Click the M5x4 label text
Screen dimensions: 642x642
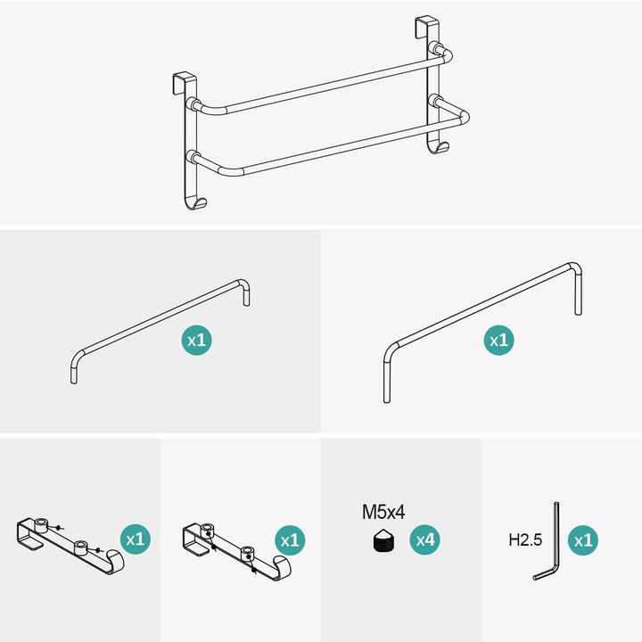click(383, 512)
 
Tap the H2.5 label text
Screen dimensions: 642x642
click(525, 539)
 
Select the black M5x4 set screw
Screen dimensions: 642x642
click(383, 540)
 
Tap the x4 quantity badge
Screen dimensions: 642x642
click(425, 540)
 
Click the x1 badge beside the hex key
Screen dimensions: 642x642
click(583, 540)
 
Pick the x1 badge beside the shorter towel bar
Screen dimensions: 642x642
click(196, 341)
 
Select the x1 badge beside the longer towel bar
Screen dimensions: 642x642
click(498, 341)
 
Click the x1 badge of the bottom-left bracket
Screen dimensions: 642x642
click(136, 539)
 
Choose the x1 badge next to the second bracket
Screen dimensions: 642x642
click(290, 540)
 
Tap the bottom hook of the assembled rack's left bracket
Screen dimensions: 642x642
click(195, 203)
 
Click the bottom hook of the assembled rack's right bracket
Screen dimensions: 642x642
click(438, 147)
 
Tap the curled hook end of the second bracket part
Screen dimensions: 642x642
click(283, 567)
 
